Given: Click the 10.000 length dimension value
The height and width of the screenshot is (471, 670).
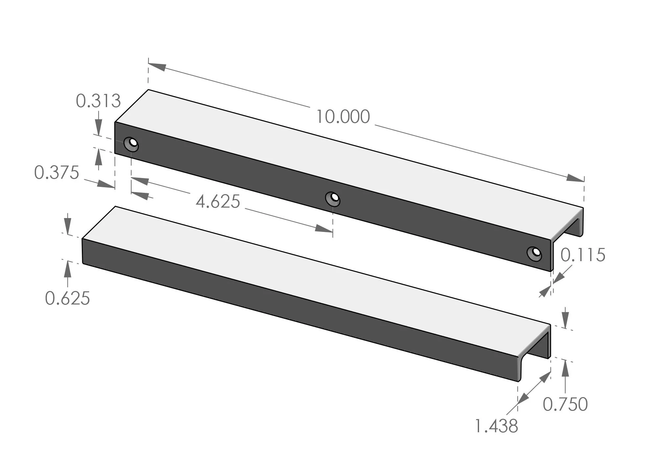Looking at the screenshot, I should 343,117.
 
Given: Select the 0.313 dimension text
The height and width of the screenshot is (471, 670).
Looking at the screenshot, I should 98,101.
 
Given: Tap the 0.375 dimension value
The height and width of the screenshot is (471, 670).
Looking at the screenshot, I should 57,173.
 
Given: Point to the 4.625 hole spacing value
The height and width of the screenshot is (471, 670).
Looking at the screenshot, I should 218,202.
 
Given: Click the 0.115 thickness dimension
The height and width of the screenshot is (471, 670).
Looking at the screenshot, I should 583,255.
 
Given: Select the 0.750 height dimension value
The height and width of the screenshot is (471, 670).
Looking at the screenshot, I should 565,404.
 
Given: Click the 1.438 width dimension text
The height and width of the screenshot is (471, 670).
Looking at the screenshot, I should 496,426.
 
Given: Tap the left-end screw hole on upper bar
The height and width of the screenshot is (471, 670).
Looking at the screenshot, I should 131,144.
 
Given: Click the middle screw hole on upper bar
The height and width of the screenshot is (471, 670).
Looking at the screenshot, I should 333,199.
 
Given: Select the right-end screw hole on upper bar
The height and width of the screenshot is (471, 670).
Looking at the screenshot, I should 534,254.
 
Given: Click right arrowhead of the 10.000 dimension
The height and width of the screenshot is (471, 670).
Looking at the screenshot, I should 575,178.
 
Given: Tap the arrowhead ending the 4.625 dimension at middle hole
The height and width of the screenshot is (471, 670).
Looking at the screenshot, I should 324,229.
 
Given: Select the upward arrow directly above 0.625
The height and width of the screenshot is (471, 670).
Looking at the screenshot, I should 67,269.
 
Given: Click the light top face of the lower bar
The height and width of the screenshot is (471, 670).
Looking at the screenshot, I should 296,273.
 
